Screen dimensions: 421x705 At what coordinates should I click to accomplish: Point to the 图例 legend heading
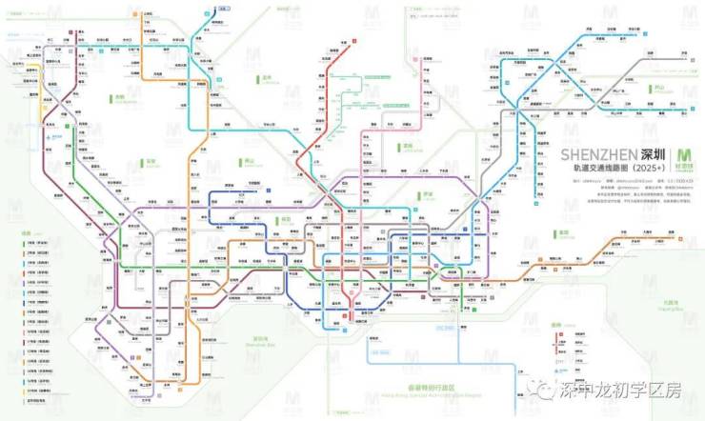[27, 231]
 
